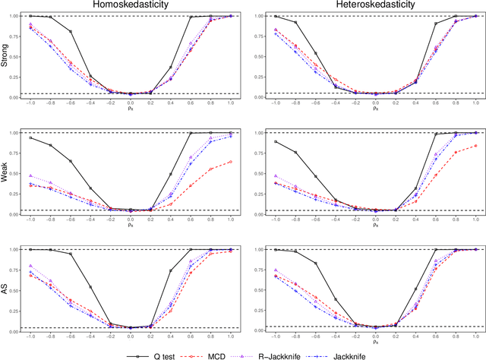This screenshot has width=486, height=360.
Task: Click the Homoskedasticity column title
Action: [x=130, y=5]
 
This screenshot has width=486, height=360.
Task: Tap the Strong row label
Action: [x=5, y=56]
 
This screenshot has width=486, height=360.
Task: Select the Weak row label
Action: [x=5, y=173]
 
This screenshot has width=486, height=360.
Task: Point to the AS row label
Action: [x=5, y=290]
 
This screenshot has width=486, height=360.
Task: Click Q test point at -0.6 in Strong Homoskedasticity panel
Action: [x=71, y=31]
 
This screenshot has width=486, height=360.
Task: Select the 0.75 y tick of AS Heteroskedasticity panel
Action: [x=260, y=270]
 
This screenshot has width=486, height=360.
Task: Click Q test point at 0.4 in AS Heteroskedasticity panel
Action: [x=416, y=289]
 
